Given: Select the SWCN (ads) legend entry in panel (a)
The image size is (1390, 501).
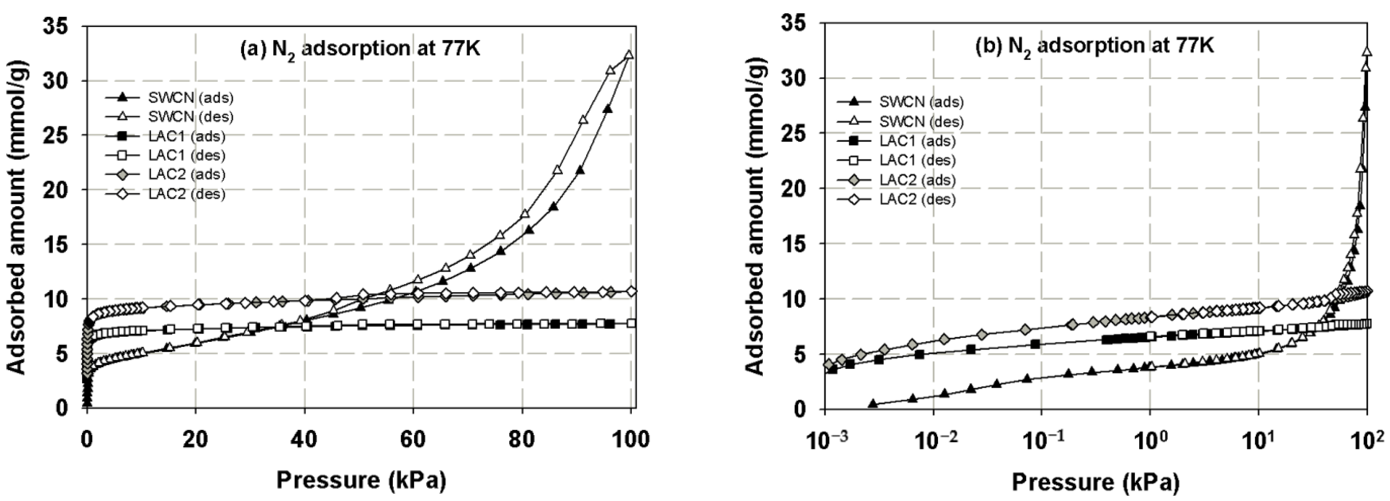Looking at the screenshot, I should (190, 98).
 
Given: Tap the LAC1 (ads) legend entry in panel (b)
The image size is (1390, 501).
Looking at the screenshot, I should (917, 141).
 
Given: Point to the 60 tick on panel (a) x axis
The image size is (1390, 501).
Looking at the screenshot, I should (413, 440).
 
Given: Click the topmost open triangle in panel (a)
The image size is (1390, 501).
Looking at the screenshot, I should (629, 55).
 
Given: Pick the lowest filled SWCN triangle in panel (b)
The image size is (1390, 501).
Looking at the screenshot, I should (873, 403).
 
